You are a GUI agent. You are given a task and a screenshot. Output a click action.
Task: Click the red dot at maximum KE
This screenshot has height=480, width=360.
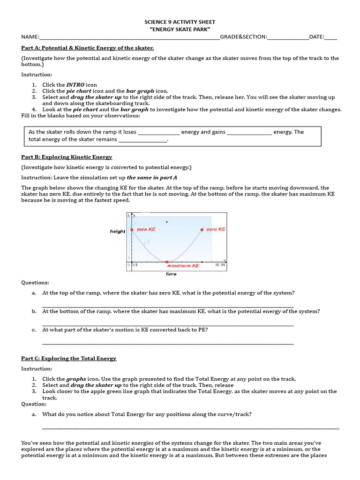point(166,261)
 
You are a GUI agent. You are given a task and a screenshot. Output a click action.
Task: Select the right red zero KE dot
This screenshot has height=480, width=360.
point(202,230)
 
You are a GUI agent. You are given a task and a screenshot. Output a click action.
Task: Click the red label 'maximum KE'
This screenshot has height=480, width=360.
point(183,266)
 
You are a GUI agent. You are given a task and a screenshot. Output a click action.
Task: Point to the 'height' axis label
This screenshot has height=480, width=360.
point(118,231)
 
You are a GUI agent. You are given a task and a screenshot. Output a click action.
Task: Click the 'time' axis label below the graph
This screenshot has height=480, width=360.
point(171,274)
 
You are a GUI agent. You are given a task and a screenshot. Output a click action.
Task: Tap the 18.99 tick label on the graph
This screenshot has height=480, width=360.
point(220,265)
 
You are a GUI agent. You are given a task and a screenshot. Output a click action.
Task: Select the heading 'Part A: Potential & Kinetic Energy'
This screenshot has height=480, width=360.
point(88,48)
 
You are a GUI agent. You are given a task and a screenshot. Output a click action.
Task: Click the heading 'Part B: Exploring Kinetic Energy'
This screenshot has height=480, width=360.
point(67,157)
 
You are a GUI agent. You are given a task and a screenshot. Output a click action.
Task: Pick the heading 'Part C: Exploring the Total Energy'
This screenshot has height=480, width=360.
point(69,359)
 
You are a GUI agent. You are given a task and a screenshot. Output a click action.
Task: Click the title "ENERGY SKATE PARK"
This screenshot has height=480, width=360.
point(180,29)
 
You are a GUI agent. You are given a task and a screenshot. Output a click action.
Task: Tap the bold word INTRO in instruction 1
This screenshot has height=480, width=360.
point(75,85)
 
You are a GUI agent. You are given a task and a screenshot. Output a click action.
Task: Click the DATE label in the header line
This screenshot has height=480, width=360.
point(316,37)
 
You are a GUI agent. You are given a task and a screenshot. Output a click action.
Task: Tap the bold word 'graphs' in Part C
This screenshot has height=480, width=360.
point(76,379)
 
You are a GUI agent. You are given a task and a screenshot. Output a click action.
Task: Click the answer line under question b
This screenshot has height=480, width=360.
point(168,324)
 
